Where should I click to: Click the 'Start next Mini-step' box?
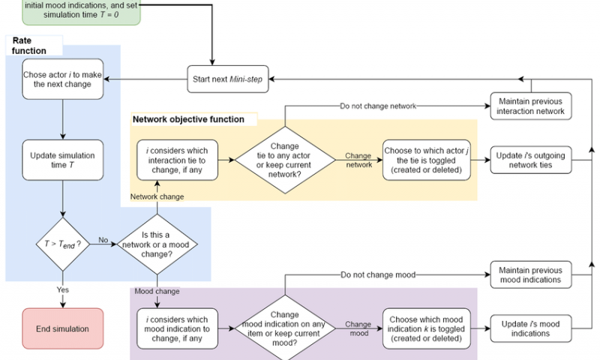pos(228,79)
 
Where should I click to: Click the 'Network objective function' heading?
pos(188,119)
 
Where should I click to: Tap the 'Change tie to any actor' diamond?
pos(285,159)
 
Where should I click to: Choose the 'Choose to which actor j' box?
pos(425,159)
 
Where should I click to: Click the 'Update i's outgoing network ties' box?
pos(530,159)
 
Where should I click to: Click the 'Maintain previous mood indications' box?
pos(530,274)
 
